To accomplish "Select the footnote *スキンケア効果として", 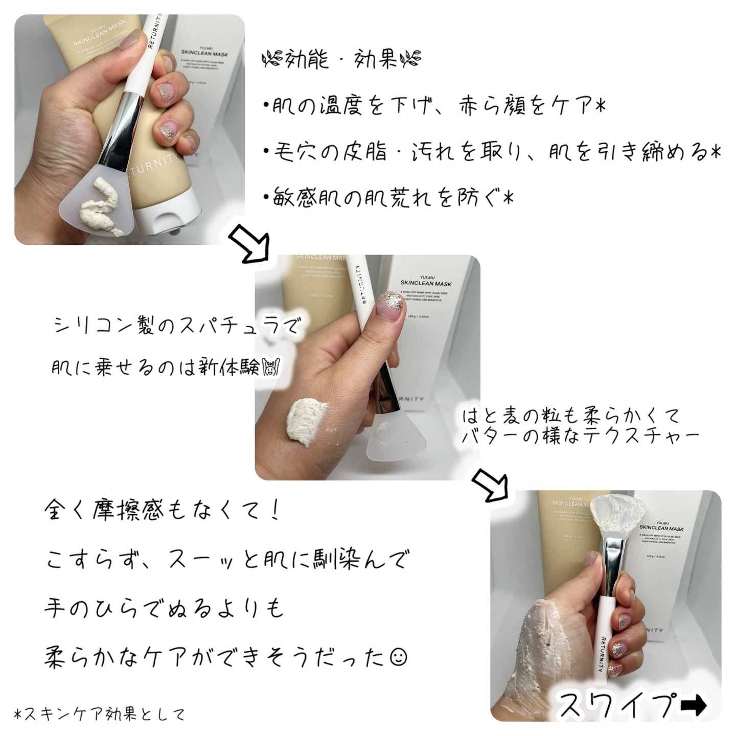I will [100, 715].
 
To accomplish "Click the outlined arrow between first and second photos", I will [248, 245].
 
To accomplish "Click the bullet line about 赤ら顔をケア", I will [434, 108].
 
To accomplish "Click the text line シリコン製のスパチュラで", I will [176, 326].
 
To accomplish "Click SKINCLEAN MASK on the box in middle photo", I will [426, 283].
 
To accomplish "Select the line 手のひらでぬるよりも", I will [164, 608].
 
